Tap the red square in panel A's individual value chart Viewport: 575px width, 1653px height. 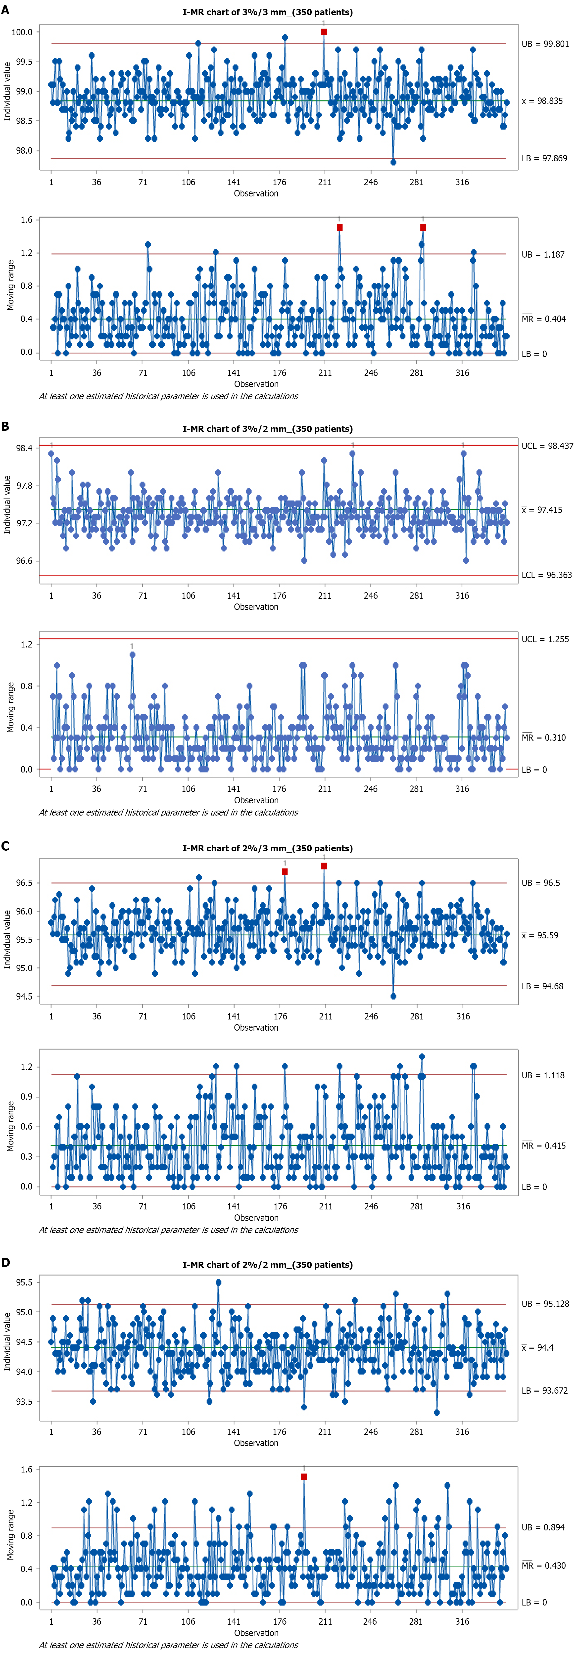pyautogui.click(x=324, y=32)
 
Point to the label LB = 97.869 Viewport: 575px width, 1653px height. pyautogui.click(x=544, y=158)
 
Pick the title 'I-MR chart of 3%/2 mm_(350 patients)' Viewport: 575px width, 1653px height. pyautogui.click(x=268, y=429)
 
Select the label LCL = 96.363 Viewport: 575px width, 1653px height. pyautogui.click(x=546, y=575)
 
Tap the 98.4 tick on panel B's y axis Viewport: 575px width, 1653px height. pyautogui.click(x=24, y=448)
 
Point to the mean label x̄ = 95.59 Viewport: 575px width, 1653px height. pyautogui.click(x=540, y=936)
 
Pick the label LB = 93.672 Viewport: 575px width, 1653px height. pyautogui.click(x=544, y=1390)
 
